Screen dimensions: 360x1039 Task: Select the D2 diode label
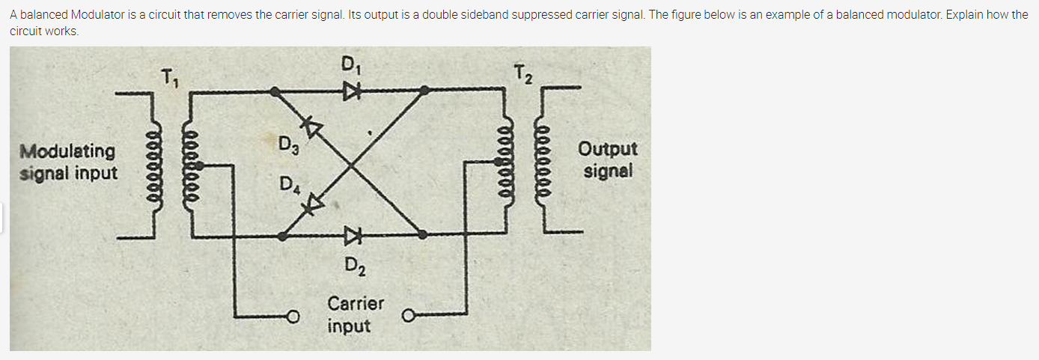point(353,265)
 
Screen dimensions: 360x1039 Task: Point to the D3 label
point(287,143)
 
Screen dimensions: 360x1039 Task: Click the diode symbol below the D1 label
point(351,91)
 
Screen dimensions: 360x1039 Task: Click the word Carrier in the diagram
point(356,304)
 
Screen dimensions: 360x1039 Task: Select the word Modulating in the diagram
point(68,151)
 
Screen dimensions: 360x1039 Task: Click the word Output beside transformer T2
point(608,149)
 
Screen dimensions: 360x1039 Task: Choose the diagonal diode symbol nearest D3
point(309,126)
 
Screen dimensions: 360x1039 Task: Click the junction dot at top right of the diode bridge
point(424,91)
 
